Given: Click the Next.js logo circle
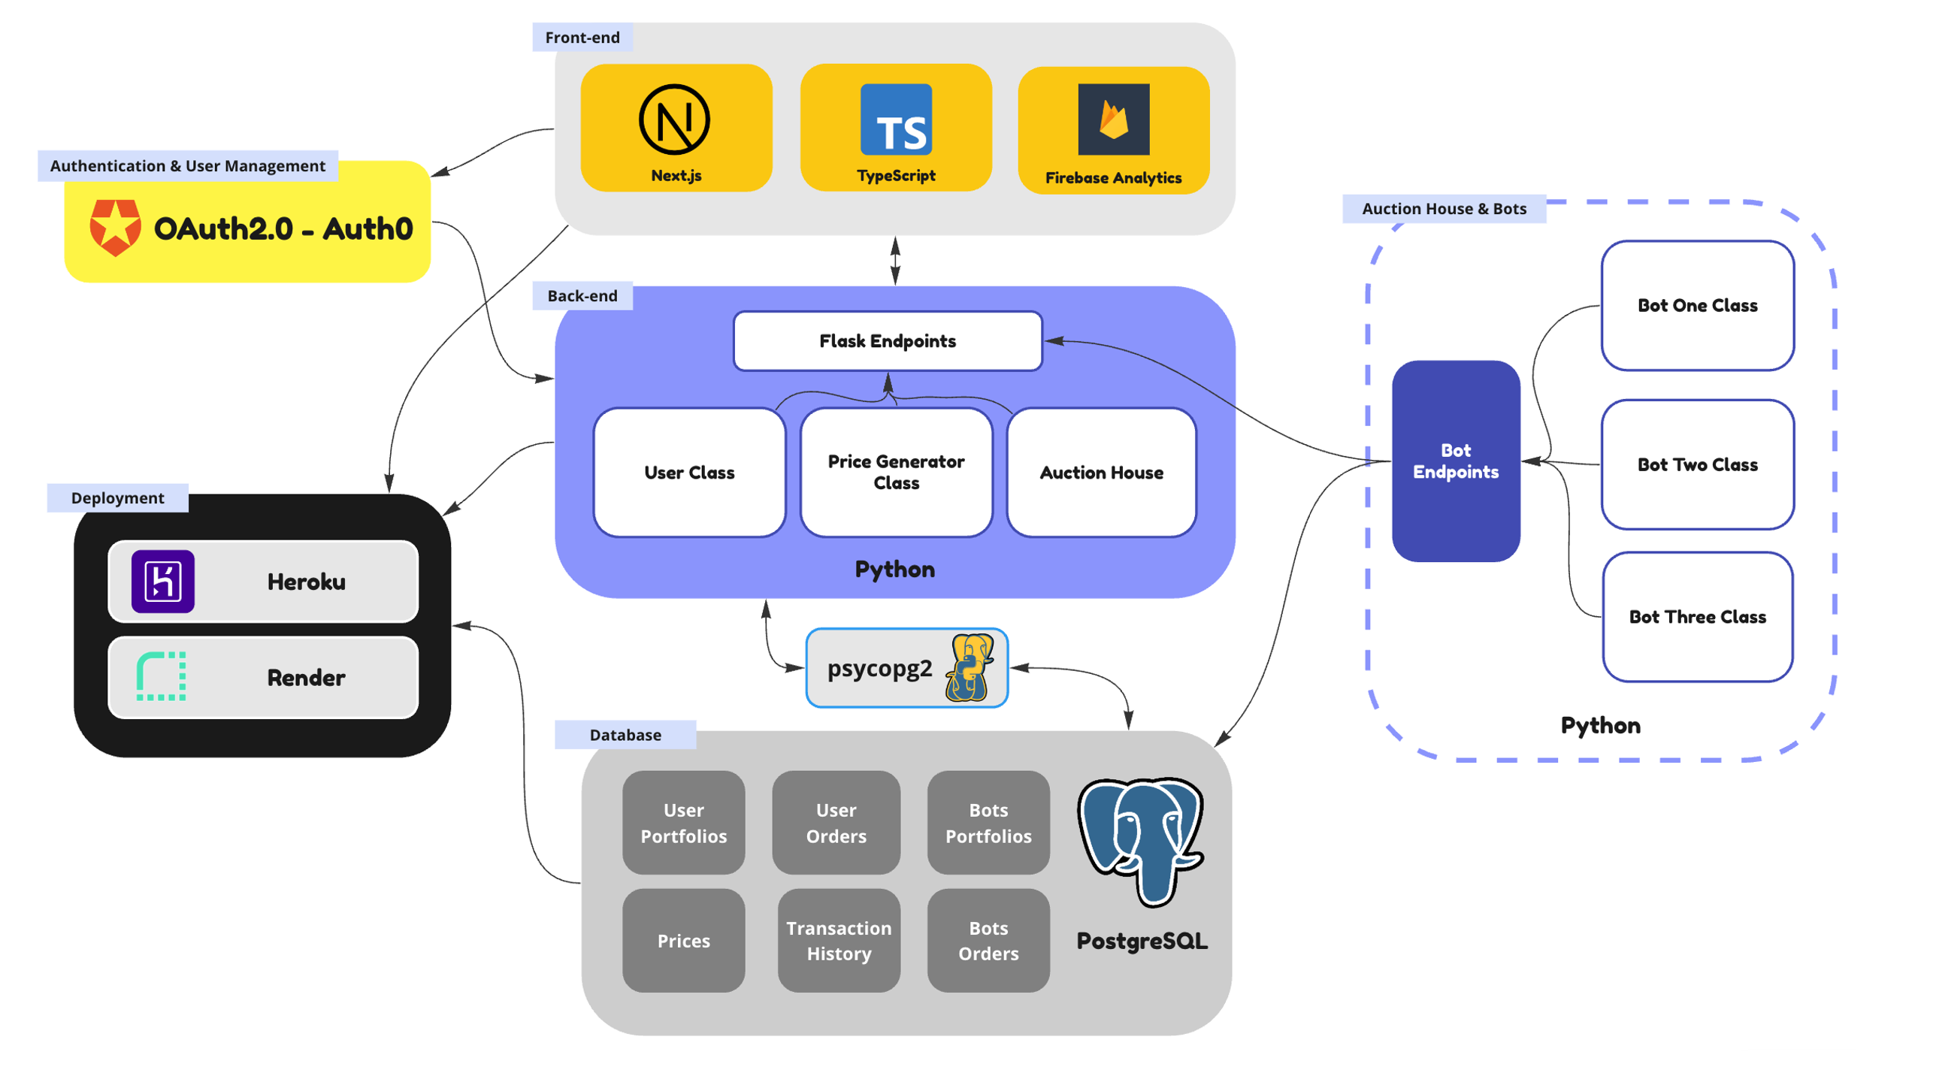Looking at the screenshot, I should click(673, 119).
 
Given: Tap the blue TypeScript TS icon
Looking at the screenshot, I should click(895, 119).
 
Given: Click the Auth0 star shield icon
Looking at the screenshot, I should click(115, 227).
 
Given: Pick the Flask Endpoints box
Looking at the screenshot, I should click(887, 340).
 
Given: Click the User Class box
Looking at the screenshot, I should click(688, 472).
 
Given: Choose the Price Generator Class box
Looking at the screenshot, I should click(895, 472).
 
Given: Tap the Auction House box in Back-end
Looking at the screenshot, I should click(1100, 472).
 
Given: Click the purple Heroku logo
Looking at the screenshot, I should click(163, 581).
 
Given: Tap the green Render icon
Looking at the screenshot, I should click(161, 676).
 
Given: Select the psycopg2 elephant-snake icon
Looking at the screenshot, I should click(969, 667).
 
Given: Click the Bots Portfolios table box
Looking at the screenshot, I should click(988, 822).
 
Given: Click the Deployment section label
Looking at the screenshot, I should click(117, 497).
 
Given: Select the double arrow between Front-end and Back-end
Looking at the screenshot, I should click(894, 260).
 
